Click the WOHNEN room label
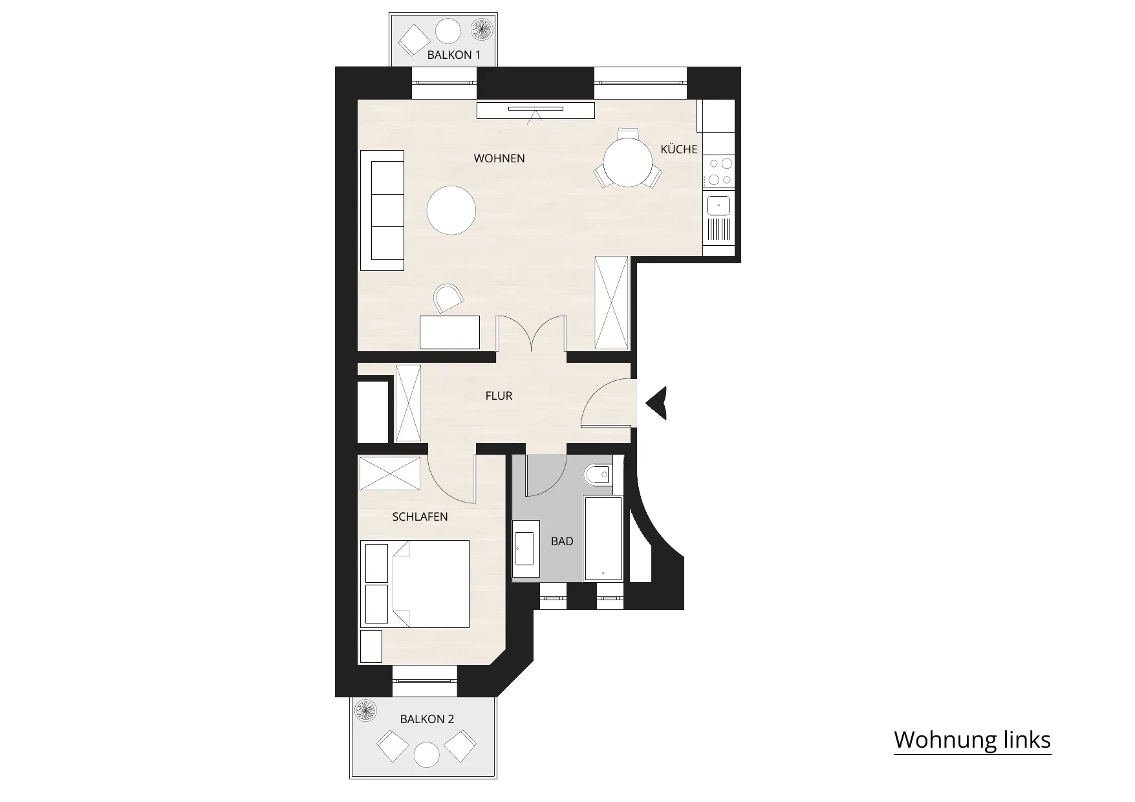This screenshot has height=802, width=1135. tap(499, 158)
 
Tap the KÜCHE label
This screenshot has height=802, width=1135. tap(679, 149)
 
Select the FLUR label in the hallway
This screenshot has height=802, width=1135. tap(499, 396)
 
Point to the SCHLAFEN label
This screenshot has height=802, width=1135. tap(420, 517)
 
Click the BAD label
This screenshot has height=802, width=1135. tap(562, 541)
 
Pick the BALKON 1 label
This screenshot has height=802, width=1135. tap(454, 55)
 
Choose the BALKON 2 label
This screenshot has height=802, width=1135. tap(427, 719)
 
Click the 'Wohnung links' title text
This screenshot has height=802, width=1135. tap(972, 739)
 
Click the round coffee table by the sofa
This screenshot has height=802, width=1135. tap(451, 210)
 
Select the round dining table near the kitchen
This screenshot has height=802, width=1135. tap(628, 162)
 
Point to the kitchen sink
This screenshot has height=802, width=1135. tap(719, 206)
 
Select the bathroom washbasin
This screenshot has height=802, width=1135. tap(526, 548)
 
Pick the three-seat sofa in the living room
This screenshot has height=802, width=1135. tap(382, 211)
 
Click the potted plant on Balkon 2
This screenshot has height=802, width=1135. tap(366, 711)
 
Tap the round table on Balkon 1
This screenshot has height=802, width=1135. tap(448, 31)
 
